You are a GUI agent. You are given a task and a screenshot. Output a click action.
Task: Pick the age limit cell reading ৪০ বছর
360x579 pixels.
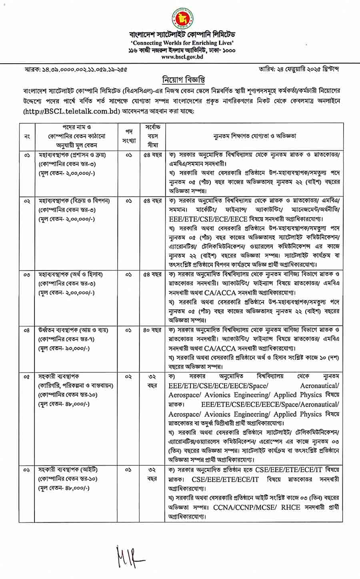152,331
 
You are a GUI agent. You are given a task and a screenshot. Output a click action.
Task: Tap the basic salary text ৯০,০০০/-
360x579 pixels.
69,348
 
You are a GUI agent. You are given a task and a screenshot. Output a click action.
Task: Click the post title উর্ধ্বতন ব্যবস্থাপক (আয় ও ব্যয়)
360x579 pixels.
74,331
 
